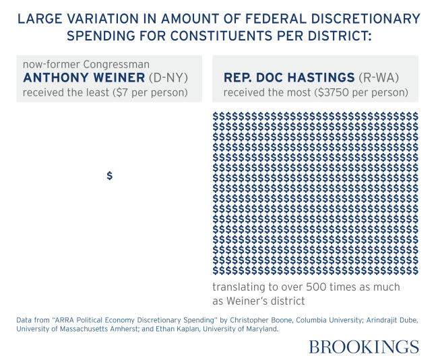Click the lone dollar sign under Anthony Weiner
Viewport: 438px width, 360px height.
(x=110, y=176)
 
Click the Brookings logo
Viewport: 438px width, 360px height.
(x=364, y=347)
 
